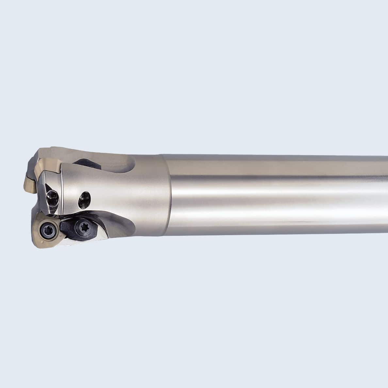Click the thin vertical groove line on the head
coord(62,193)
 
